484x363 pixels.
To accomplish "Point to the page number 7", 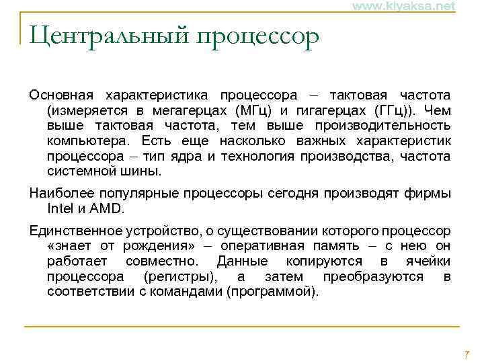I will [x=467, y=354].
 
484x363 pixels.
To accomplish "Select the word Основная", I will [x=62, y=93].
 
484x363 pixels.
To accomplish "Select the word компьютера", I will [x=90, y=140].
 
